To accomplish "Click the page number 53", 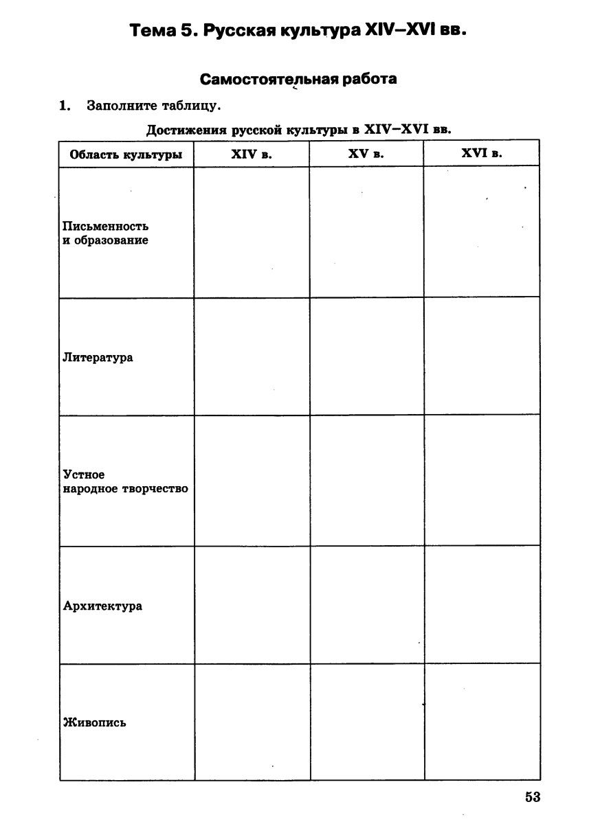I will pos(533,797).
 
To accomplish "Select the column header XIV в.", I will pos(252,154).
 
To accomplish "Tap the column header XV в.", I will pos(366,154).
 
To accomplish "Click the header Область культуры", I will pos(126,154).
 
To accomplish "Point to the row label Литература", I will pos(98,357).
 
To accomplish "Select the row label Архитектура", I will pos(102,606).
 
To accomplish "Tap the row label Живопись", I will pos(94,722).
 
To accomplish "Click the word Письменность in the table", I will pos(106,226).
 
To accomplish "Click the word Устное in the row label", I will pos(84,474).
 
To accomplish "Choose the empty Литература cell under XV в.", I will pos(366,357).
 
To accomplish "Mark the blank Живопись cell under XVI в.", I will pos(482,722).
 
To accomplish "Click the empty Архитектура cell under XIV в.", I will pos(252,605).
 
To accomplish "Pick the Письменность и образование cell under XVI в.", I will pos(482,232).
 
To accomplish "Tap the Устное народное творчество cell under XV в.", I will pos(366,481).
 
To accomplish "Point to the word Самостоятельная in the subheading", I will pos(258,79).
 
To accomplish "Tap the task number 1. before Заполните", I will pos(65,106).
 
